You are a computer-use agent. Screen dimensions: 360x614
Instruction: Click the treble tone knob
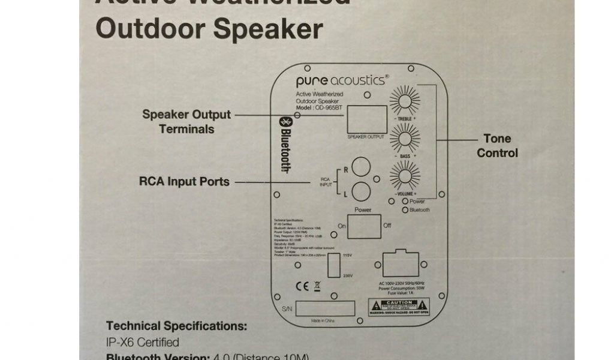pos(405,100)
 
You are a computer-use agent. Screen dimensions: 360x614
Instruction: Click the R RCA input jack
pos(360,166)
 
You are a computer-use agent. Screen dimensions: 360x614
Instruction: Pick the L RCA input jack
pos(360,191)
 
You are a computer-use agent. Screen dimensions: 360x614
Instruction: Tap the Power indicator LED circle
pos(406,202)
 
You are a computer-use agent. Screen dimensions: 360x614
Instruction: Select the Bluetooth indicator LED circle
pos(406,210)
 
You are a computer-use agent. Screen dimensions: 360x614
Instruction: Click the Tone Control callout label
pos(497,146)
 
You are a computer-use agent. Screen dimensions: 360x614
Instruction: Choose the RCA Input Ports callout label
pos(184,181)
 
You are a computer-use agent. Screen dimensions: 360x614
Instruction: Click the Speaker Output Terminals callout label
pos(186,121)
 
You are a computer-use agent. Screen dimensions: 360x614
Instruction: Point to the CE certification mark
pos(303,287)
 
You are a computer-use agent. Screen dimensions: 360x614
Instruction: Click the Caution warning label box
pos(399,307)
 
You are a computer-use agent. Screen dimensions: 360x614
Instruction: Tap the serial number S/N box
pos(324,308)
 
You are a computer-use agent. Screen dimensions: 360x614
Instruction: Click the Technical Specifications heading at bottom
pos(176,326)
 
